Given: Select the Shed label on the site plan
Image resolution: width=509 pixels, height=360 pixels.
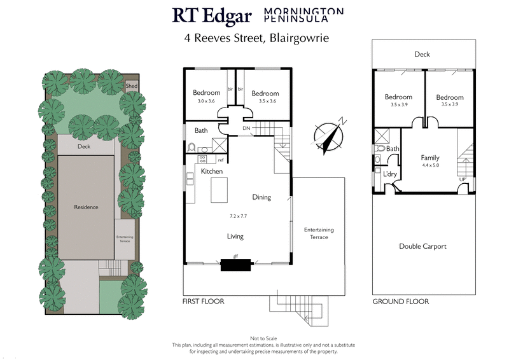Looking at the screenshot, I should point(132,85).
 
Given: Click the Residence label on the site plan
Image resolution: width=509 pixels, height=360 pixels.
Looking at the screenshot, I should point(86,207).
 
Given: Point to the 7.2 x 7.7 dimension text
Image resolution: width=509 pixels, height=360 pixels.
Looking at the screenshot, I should point(239,216).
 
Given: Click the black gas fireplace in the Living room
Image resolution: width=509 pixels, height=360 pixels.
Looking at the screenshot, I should point(235,264).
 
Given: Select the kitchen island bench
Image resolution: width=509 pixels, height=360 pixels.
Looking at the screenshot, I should point(219,189).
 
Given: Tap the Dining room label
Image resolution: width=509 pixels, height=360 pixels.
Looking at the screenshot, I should point(261,197).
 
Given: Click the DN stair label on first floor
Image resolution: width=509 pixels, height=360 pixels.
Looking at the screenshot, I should point(246,128).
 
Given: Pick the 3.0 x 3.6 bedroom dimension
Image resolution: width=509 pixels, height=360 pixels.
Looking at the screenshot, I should point(206,100).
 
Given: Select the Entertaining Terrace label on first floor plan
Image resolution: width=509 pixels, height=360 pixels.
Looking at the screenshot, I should point(319,233).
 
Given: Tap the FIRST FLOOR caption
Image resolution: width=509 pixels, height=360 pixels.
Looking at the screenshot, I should point(203,301).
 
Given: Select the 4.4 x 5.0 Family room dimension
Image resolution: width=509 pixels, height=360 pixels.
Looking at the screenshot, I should point(430,165).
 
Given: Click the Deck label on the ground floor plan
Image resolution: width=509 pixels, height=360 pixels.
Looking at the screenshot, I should point(422,55).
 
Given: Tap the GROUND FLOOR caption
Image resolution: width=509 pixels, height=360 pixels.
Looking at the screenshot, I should point(400,301).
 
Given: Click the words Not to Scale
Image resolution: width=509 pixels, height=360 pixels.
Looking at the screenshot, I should point(254,338).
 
